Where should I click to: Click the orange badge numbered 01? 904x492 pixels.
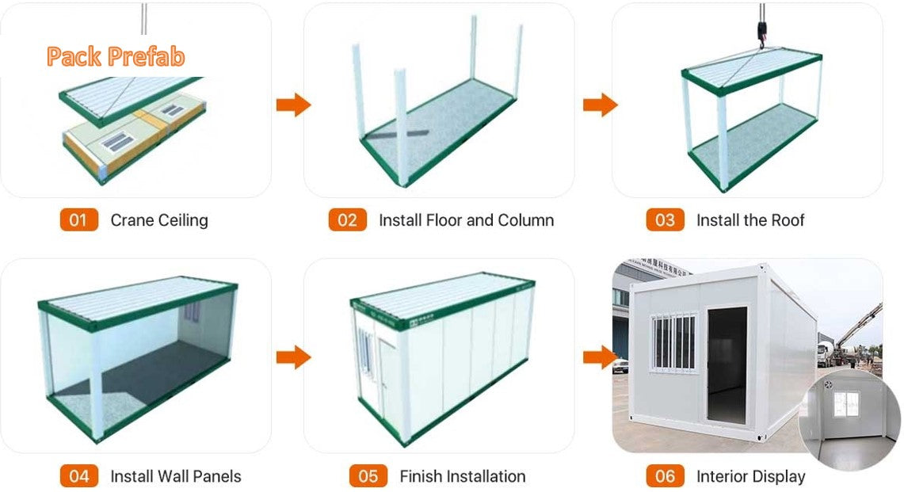pos(78,219)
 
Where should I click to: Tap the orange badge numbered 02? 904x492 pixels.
pos(347,219)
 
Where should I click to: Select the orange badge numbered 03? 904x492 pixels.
pos(665,219)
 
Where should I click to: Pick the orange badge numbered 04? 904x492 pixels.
pos(78,476)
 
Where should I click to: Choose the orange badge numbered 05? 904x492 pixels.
pos(368,476)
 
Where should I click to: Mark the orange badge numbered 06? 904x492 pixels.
pos(665,476)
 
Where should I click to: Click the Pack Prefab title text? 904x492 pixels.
pos(116,57)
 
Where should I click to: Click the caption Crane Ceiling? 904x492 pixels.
pos(159,220)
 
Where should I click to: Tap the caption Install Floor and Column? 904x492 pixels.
pos(466,220)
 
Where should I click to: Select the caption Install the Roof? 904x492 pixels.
pos(750,220)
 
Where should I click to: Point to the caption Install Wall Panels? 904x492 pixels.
pos(176,477)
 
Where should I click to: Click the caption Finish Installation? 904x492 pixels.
pos(463,477)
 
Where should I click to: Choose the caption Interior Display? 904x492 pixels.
pos(750,477)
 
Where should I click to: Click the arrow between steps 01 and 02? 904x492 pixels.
pos(292,105)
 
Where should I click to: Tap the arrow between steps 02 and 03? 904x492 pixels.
pos(600,105)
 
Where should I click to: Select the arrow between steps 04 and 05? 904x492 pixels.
pos(292,357)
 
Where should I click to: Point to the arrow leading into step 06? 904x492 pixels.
pos(600,357)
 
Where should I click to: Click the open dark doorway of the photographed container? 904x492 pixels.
pos(727,364)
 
